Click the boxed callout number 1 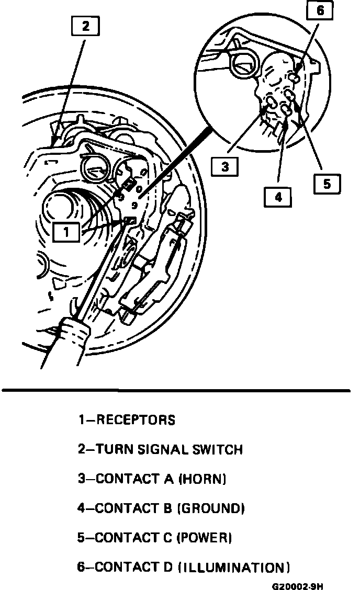[x=66, y=231]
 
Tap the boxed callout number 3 [x=224, y=167]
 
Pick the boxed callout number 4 [x=278, y=197]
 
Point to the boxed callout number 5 [x=327, y=184]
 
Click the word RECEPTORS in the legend [x=136, y=420]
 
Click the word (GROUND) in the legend [x=211, y=508]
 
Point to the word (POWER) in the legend [x=205, y=538]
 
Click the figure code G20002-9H [x=301, y=585]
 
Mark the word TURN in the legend [x=113, y=449]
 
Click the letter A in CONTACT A [x=168, y=479]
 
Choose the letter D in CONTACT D [x=168, y=568]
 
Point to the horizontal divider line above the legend [x=176, y=390]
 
